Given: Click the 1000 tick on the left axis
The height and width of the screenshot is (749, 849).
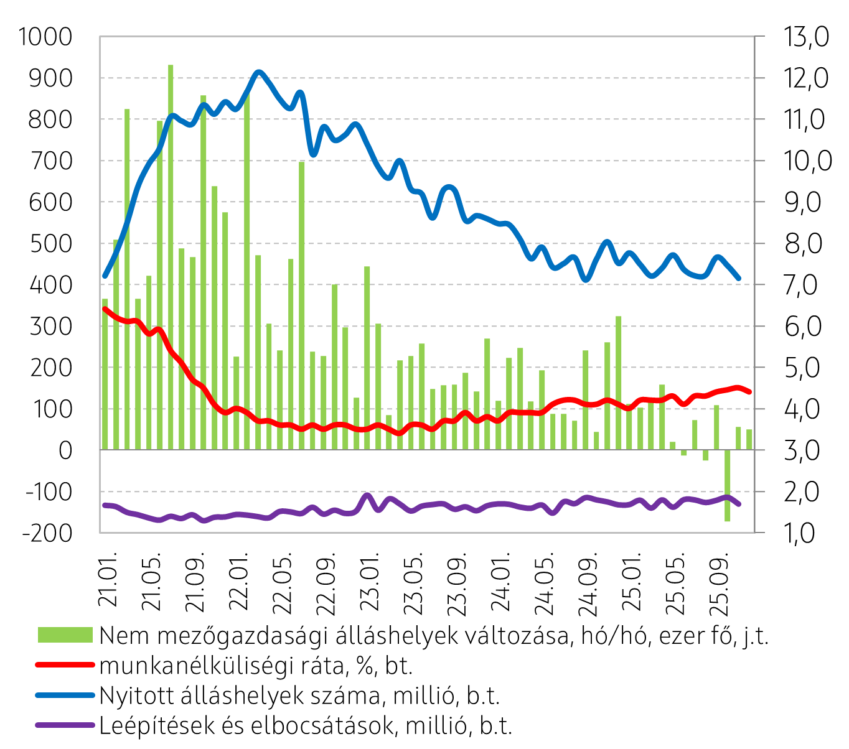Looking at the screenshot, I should pos(45,37).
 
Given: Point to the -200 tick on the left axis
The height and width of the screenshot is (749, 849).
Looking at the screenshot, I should pos(47,533).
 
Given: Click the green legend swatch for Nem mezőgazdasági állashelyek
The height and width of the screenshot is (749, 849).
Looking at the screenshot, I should pos(65,635).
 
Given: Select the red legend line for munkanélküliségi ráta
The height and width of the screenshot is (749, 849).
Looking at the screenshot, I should pos(65,665).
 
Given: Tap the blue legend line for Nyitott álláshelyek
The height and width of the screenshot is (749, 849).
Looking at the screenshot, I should pos(65,695).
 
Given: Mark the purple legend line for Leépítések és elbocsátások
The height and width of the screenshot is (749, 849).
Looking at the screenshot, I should pos(65,725).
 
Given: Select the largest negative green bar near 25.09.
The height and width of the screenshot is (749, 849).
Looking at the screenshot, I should pos(727,485).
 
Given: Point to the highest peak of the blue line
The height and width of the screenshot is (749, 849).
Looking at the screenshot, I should pos(260,73).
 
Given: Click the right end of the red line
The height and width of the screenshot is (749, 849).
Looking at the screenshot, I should pos(749,392).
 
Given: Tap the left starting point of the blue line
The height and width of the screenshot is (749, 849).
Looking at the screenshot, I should pos(105,276).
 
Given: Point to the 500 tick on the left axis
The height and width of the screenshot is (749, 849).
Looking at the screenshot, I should pos(50,243).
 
